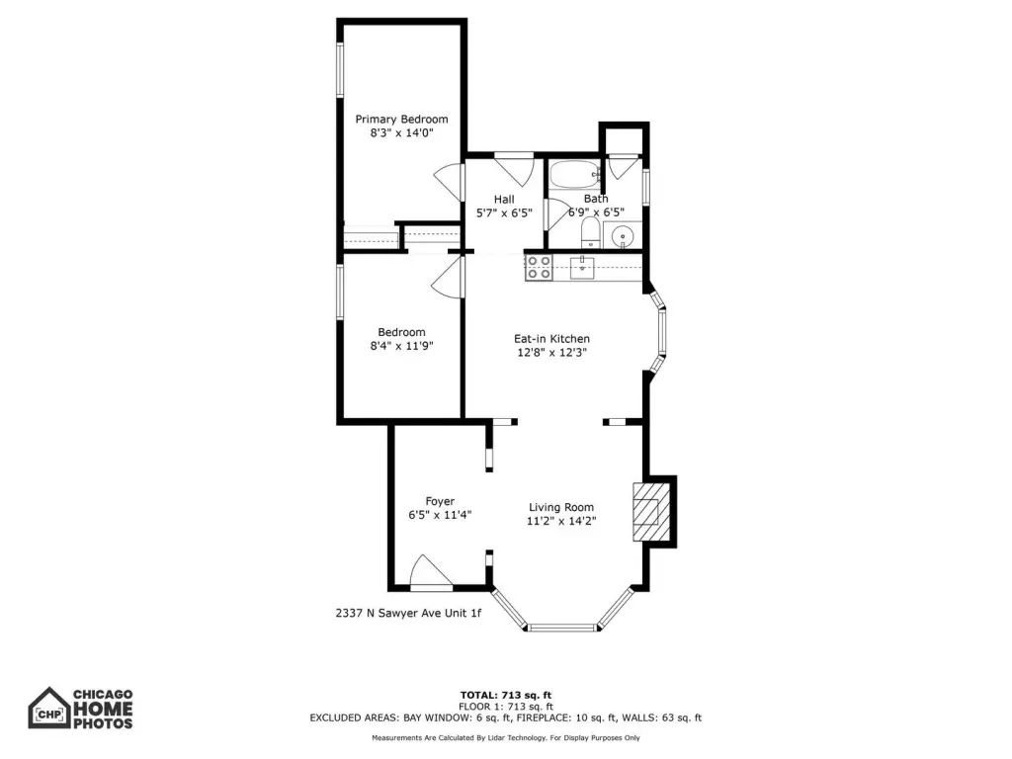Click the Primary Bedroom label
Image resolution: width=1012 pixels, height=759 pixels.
(401, 120)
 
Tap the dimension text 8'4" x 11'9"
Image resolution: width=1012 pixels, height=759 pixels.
(401, 346)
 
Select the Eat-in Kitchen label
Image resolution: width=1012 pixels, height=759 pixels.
(551, 339)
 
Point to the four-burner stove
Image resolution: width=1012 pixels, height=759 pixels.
(539, 267)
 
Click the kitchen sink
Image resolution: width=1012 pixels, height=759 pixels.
(582, 267)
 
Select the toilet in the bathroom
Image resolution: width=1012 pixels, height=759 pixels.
(591, 233)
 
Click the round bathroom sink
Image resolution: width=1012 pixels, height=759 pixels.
(623, 235)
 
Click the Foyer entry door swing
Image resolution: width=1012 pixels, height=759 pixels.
(431, 572)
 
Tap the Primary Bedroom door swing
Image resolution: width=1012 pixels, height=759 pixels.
(450, 182)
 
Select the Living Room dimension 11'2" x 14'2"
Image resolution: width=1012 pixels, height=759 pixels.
(561, 521)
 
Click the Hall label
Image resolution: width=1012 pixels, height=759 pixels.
(504, 200)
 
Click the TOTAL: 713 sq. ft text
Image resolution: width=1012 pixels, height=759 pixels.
(506, 695)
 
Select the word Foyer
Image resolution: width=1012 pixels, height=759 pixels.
(440, 501)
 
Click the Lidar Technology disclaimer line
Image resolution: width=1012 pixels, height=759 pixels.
(506, 737)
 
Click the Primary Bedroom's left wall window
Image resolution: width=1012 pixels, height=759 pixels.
(340, 70)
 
